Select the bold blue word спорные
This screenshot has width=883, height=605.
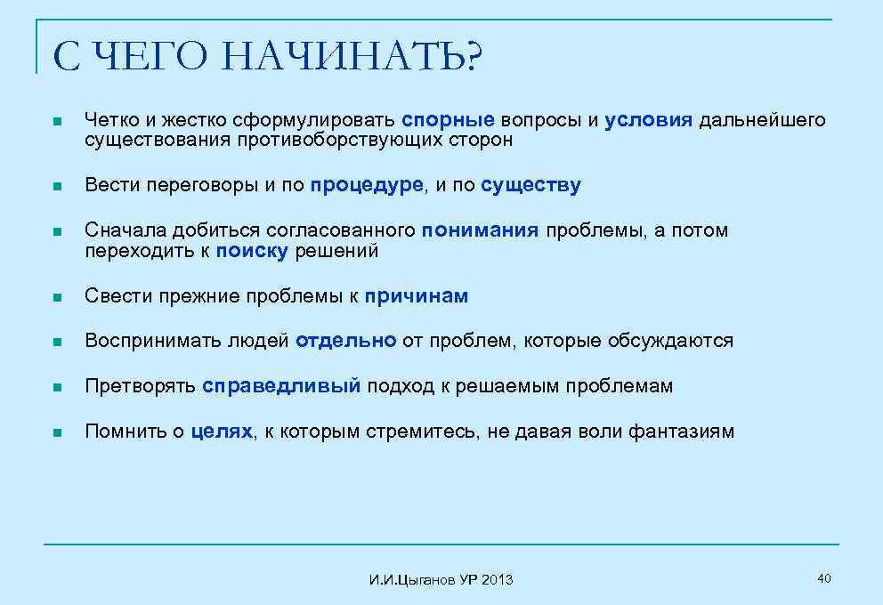(x=448, y=120)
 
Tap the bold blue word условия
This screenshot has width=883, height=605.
(x=648, y=120)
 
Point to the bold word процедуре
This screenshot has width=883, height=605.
(x=368, y=185)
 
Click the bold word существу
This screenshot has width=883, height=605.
(x=531, y=185)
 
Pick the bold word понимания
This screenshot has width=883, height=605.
(x=481, y=230)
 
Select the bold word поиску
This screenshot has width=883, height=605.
(x=252, y=251)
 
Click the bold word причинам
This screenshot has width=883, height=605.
(x=417, y=296)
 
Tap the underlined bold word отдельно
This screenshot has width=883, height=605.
(x=346, y=341)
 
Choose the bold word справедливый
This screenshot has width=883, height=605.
(x=281, y=386)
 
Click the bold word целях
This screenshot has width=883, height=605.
(x=223, y=432)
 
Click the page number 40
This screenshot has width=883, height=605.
(x=823, y=579)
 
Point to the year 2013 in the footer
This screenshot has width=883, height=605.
(x=498, y=580)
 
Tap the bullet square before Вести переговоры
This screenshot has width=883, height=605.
(x=56, y=187)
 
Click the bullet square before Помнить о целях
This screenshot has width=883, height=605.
(x=56, y=433)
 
